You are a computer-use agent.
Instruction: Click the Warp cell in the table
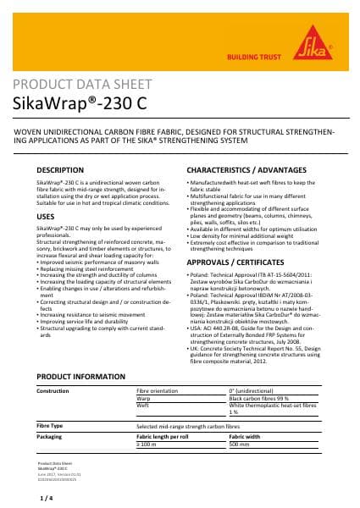tap(144, 398)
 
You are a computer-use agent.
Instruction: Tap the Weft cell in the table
tap(144, 405)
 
